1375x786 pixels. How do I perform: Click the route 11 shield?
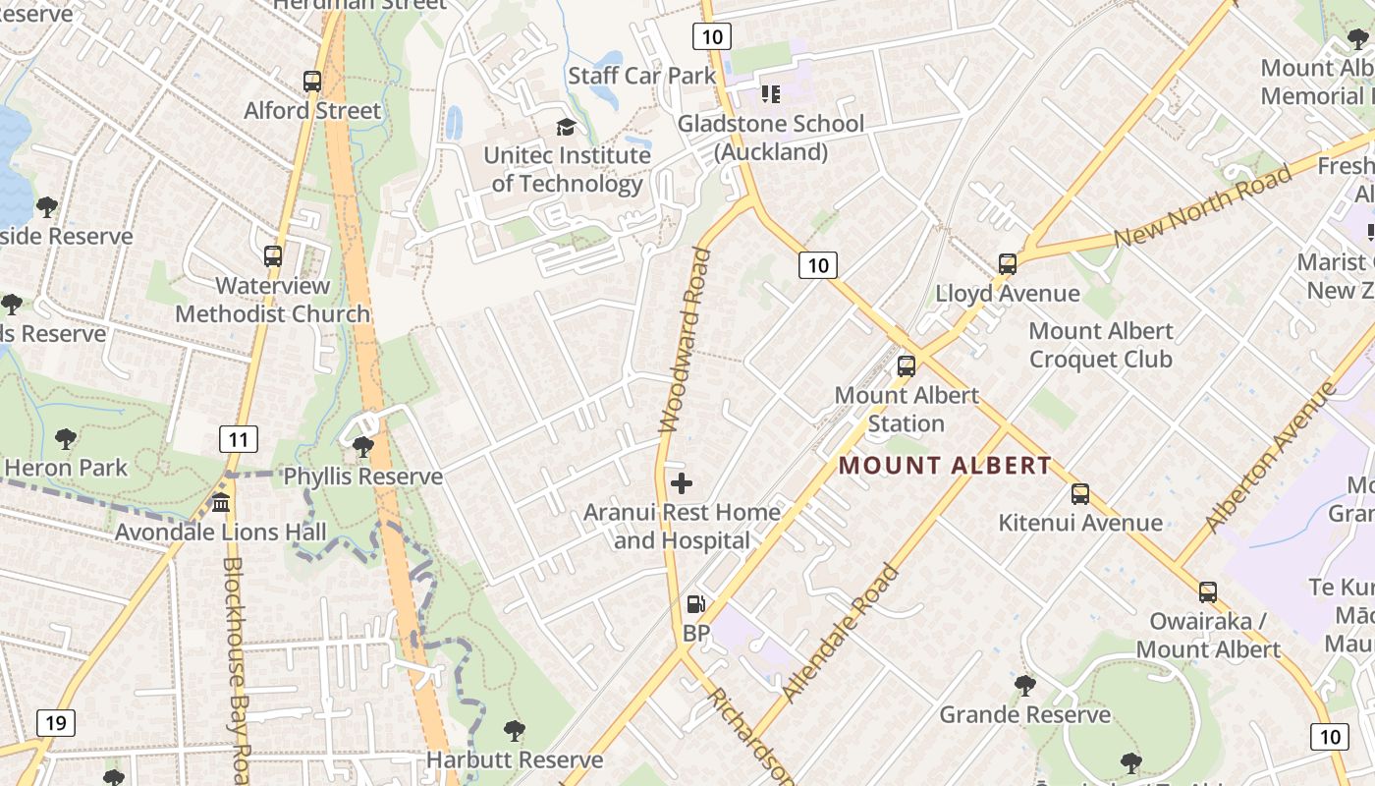pos(239,438)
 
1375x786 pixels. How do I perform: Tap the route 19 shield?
pos(55,724)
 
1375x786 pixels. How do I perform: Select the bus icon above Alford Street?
pos(312,82)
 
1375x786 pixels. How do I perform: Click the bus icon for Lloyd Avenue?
pos(1007,263)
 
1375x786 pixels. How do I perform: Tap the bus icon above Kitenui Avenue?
pos(1080,493)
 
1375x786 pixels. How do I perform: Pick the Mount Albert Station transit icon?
pos(906,365)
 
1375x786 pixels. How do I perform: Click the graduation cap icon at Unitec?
pos(566,127)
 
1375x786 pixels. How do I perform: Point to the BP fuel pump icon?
pos(695,603)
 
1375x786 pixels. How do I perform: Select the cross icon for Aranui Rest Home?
pos(682,482)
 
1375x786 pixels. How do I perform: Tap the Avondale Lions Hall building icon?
pos(221,503)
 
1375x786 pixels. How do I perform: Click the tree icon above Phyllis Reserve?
pos(362,447)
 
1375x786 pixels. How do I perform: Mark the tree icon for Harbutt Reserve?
pos(514,730)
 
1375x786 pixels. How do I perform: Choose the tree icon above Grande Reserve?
pos(1024,685)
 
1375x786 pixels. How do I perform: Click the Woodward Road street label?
pos(685,340)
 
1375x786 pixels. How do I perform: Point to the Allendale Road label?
pos(841,633)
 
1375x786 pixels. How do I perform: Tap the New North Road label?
pos(1203,207)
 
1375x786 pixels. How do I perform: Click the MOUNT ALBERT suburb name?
pos(945,466)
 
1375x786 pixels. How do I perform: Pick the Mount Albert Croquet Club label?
pos(1100,345)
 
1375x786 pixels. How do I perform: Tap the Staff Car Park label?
pos(642,76)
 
